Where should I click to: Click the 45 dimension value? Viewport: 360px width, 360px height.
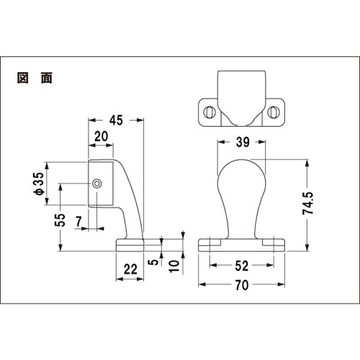(116, 120)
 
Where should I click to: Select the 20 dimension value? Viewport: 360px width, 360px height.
(101, 137)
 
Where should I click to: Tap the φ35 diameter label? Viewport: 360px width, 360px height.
(39, 184)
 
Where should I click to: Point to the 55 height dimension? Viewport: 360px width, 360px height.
(60, 220)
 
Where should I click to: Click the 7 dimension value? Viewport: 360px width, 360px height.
(79, 222)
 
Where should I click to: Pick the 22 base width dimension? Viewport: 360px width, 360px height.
(130, 269)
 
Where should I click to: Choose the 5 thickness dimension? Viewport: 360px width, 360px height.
(153, 262)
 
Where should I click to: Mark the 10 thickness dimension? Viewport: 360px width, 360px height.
(174, 266)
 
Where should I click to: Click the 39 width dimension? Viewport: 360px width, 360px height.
(243, 142)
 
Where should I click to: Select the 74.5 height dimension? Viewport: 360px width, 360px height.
(308, 203)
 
